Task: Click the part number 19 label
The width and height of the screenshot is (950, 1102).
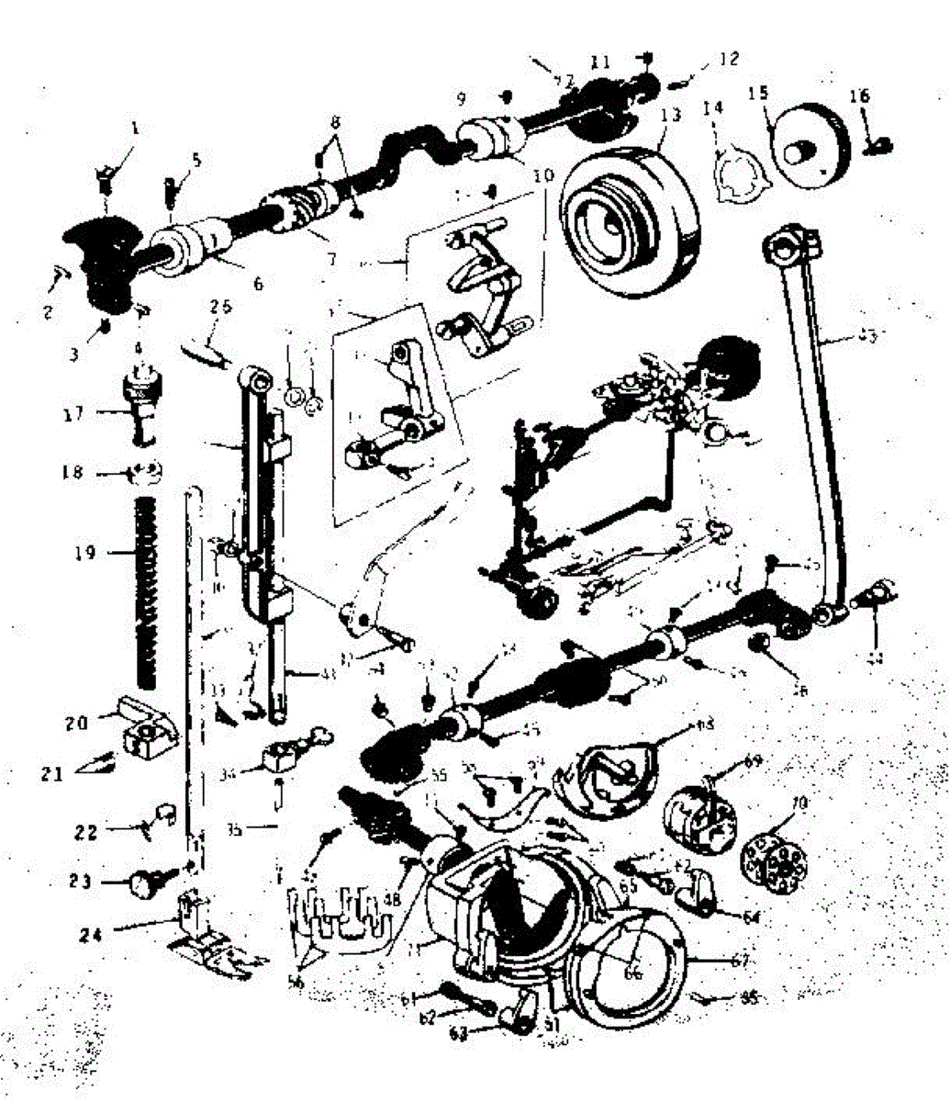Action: tap(85, 554)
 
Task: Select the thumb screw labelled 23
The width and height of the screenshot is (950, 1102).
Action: tap(146, 883)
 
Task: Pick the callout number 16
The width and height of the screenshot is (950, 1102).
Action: tap(859, 96)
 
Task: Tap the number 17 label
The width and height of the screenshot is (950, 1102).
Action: tap(73, 413)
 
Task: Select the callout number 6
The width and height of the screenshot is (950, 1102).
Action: tap(258, 286)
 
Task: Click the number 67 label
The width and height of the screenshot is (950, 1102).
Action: tap(741, 961)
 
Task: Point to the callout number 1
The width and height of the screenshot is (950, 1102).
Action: tap(135, 129)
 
